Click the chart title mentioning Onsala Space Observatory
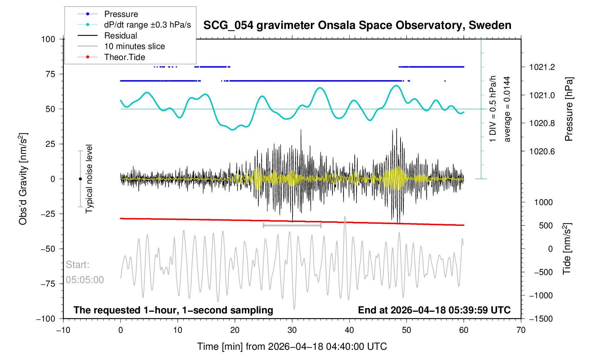click(x=357, y=25)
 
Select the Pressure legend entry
click(x=121, y=14)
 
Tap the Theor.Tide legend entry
click(x=124, y=57)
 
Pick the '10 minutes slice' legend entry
click(x=134, y=46)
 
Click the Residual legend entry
click(x=120, y=36)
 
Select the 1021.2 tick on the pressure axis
click(x=542, y=67)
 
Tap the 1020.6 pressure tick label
click(x=542, y=151)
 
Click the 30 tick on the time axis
click(x=292, y=330)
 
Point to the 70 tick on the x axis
click(x=521, y=330)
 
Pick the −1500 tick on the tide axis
click(x=540, y=319)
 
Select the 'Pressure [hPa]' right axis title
click(x=568, y=109)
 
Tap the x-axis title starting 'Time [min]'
click(x=292, y=347)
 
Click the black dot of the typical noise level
click(x=81, y=179)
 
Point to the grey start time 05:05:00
click(x=85, y=280)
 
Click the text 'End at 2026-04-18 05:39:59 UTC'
click(x=434, y=310)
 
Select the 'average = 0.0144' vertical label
click(x=507, y=109)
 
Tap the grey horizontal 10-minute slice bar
click(x=292, y=225)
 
